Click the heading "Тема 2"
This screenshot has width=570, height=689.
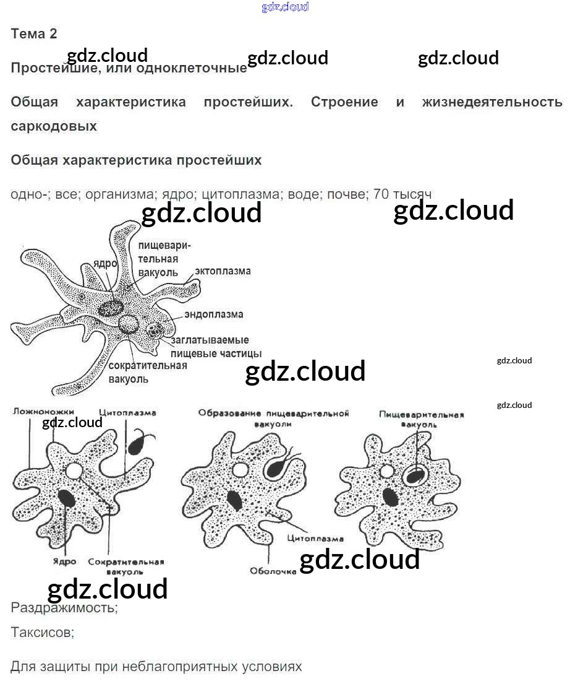pos(34,34)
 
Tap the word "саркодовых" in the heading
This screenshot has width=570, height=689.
pos(54,126)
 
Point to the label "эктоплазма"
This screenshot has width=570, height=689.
pos(223,271)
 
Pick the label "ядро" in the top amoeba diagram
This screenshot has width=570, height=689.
pos(105,263)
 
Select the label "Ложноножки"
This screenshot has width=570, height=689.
pos(43,412)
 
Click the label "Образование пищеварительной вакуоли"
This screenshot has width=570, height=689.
pos(274,417)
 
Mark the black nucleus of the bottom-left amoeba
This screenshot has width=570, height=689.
pos(67,498)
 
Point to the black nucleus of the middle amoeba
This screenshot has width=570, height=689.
pos(234,500)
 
